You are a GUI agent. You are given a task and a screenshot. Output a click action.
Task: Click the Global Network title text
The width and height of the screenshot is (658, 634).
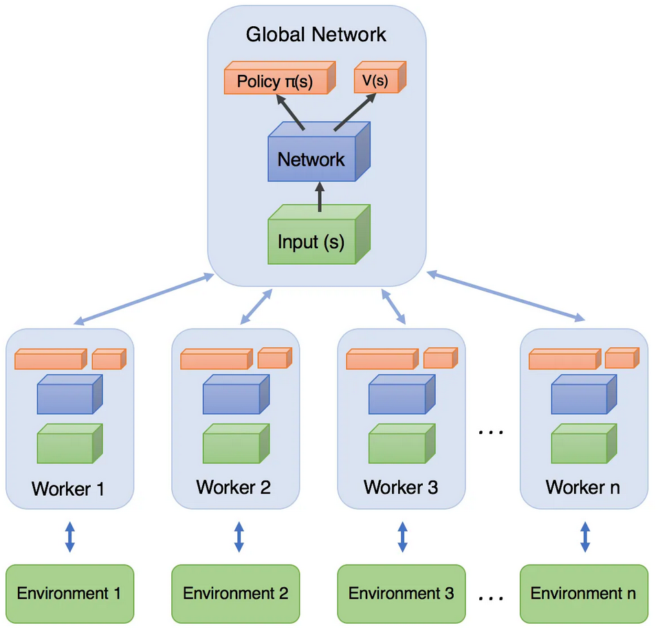click(x=316, y=34)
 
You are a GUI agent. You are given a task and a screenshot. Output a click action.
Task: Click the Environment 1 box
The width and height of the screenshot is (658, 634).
click(x=69, y=593)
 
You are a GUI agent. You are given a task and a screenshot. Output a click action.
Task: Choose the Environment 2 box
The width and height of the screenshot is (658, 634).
click(x=235, y=593)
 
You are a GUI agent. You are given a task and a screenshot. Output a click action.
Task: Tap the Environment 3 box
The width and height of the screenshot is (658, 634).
click(x=402, y=593)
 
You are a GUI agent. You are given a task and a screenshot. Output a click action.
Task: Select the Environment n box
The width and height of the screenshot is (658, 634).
click(x=584, y=593)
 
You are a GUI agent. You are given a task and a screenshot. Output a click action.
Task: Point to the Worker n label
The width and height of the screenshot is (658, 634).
click(x=583, y=487)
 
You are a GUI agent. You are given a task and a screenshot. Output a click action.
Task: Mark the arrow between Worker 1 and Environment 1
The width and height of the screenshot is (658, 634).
click(x=69, y=536)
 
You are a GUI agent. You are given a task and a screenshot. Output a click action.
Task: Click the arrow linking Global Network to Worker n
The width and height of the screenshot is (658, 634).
click(x=505, y=296)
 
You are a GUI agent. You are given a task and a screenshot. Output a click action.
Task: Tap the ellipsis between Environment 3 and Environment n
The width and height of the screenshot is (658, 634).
click(x=490, y=598)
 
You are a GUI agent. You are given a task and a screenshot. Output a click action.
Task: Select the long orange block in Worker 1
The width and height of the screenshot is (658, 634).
click(x=50, y=359)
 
